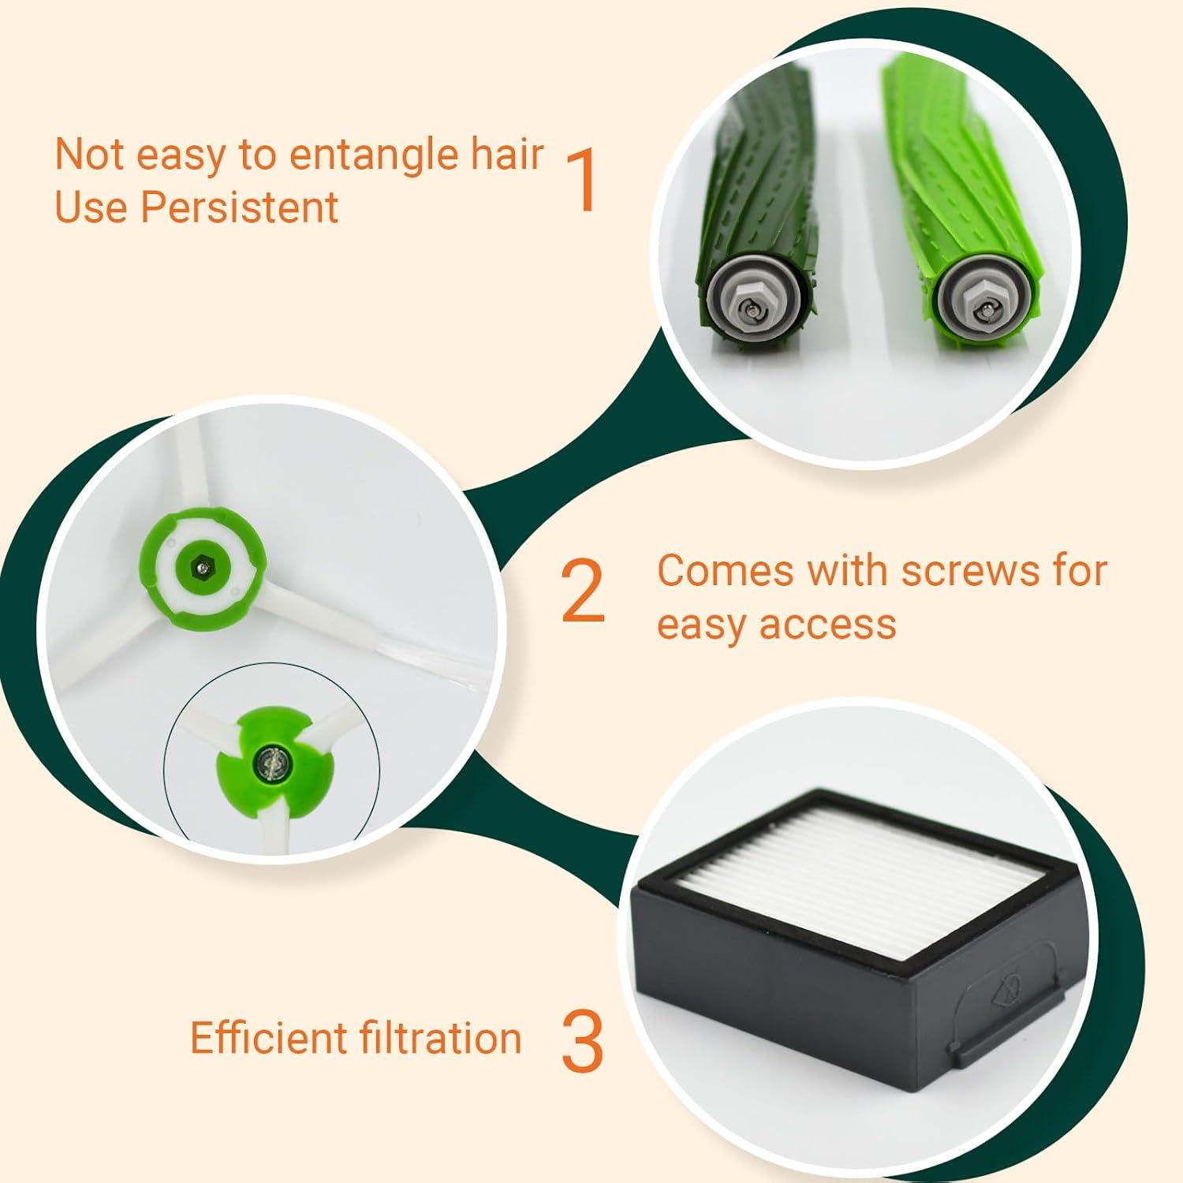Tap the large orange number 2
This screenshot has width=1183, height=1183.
(x=583, y=591)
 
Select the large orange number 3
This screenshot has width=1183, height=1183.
(x=583, y=1041)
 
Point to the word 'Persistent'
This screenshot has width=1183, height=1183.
(x=240, y=207)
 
